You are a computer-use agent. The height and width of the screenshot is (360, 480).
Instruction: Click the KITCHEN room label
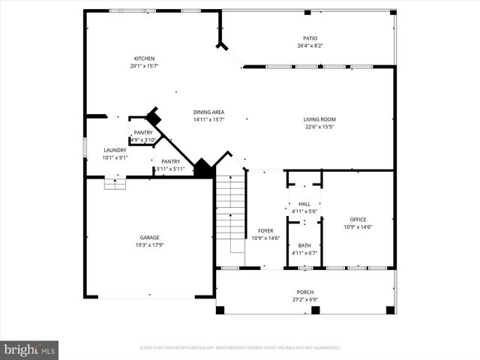(x=145, y=58)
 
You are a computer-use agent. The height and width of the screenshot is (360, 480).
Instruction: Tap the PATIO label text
(x=310, y=38)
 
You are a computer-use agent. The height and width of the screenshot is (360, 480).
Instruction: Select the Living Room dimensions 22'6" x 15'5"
(x=319, y=127)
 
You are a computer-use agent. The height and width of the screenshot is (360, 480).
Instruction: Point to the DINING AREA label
(x=208, y=112)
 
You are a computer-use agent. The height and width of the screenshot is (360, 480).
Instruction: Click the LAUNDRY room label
(x=115, y=150)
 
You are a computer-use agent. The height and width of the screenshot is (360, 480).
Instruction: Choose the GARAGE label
(x=149, y=238)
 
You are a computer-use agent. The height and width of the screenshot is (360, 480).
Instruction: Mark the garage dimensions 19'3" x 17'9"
(x=149, y=245)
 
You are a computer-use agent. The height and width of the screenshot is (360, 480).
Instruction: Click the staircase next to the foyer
(x=230, y=214)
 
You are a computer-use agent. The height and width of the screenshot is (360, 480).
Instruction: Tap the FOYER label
(x=265, y=231)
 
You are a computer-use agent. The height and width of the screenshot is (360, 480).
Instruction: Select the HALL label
(x=304, y=204)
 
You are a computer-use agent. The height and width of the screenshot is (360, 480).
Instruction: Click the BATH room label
(x=304, y=245)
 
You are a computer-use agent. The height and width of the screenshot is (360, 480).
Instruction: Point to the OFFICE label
(x=358, y=219)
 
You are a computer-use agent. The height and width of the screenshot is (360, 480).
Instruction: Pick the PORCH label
(x=305, y=292)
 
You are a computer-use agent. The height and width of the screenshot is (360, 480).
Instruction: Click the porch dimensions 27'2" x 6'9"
(x=305, y=299)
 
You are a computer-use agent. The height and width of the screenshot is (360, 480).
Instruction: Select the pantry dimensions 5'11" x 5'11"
(x=169, y=169)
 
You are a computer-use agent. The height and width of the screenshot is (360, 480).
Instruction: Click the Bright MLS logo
(x=29, y=349)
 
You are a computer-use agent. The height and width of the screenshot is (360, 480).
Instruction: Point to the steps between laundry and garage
(x=114, y=183)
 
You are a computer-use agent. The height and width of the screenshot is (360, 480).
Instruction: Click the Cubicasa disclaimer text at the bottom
(x=239, y=347)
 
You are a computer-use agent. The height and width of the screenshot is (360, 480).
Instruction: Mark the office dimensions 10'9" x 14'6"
(x=358, y=227)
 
